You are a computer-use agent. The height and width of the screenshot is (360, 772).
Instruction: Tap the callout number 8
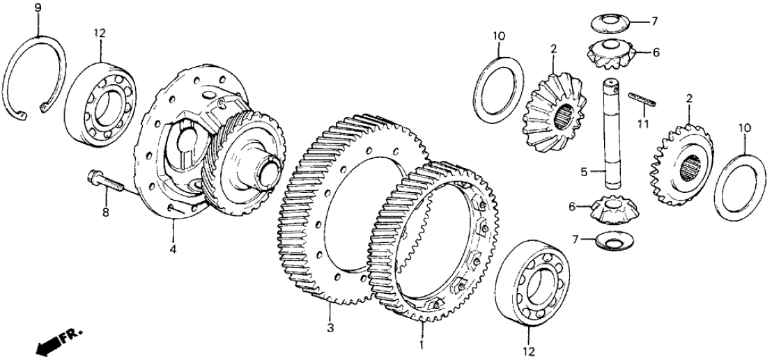tap(107, 214)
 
